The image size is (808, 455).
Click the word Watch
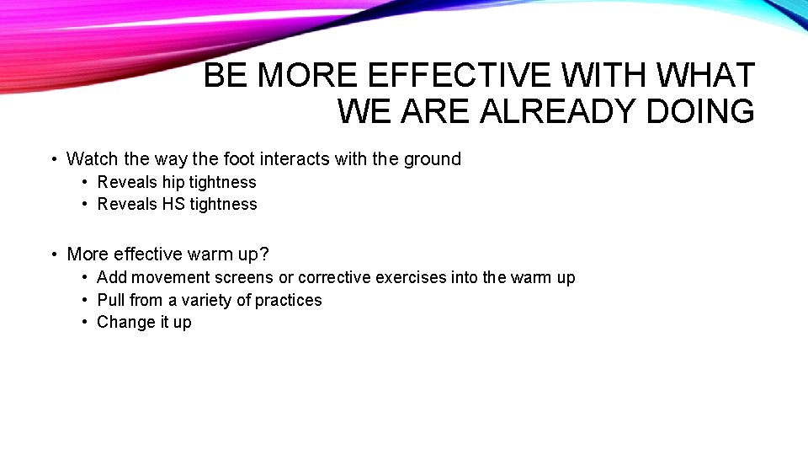(93, 158)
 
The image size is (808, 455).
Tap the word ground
(433, 158)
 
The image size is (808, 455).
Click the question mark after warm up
(263, 254)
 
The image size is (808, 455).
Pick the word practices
(289, 300)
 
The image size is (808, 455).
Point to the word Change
(121, 322)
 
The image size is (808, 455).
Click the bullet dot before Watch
(53, 159)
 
